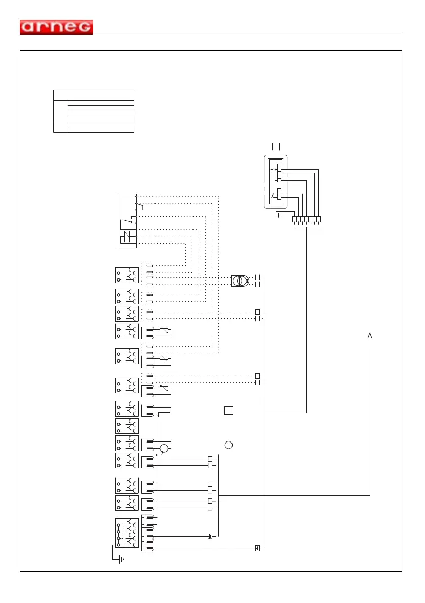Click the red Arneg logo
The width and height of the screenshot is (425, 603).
click(x=56, y=27)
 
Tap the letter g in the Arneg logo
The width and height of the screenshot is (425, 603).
click(x=84, y=28)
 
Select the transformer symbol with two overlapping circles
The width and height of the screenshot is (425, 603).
click(x=240, y=280)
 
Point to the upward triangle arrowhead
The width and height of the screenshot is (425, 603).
click(x=370, y=335)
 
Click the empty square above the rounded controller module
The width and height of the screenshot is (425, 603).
click(x=276, y=146)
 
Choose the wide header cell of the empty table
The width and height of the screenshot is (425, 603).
click(x=94, y=95)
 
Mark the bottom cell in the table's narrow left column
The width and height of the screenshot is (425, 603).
click(x=60, y=127)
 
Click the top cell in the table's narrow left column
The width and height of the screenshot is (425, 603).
click(x=60, y=105)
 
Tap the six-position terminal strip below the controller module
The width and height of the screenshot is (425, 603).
click(x=307, y=220)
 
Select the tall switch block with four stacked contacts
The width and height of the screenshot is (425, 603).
click(x=127, y=533)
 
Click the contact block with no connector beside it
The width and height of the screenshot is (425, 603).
click(x=127, y=425)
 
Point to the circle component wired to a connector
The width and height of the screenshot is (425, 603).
click(x=164, y=448)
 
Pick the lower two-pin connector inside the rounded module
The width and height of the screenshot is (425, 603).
click(x=279, y=194)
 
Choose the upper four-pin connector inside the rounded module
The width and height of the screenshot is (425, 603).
click(x=279, y=173)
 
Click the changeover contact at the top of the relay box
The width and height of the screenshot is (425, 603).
click(x=139, y=205)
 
